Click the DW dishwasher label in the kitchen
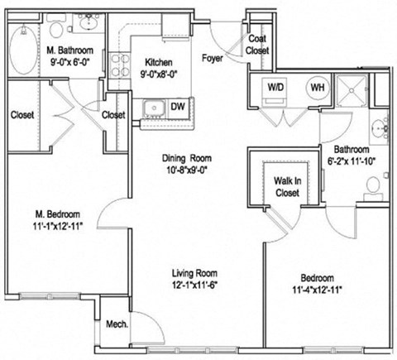pyautogui.click(x=177, y=107)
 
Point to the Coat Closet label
pyautogui.click(x=257, y=45)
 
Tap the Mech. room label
pyautogui.click(x=117, y=324)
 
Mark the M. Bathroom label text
pyautogui.click(x=69, y=50)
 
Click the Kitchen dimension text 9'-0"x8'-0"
pyautogui.click(x=158, y=73)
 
